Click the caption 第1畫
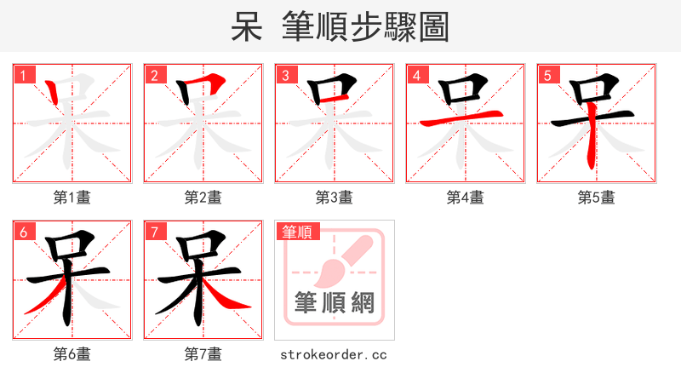(72, 198)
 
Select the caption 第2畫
(203, 198)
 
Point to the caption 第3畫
(335, 198)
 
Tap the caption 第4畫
(466, 198)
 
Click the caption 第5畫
(597, 198)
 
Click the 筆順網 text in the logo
(335, 303)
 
